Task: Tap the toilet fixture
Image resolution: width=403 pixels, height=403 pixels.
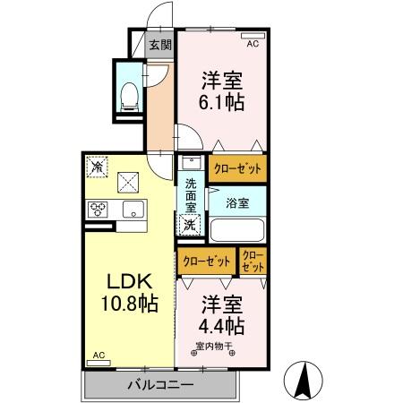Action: point(129,91)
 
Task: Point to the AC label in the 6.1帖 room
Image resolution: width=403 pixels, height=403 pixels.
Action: point(252,43)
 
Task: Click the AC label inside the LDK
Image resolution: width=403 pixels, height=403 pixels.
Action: point(98,356)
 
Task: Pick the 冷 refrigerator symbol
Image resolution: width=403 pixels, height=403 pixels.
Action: point(97,167)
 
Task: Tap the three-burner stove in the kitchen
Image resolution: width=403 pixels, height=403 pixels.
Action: point(98,210)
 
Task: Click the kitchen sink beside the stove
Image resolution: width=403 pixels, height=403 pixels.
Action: point(132,210)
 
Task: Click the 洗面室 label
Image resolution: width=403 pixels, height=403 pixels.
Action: point(191,197)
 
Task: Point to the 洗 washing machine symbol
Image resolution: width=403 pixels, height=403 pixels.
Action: point(190,226)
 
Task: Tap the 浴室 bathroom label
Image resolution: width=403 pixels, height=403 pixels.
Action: point(237,203)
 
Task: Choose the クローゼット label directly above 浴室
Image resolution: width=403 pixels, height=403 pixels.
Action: point(237,167)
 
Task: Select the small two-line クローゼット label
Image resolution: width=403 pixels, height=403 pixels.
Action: point(253,262)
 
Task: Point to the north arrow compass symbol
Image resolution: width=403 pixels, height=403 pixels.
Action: point(304,380)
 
